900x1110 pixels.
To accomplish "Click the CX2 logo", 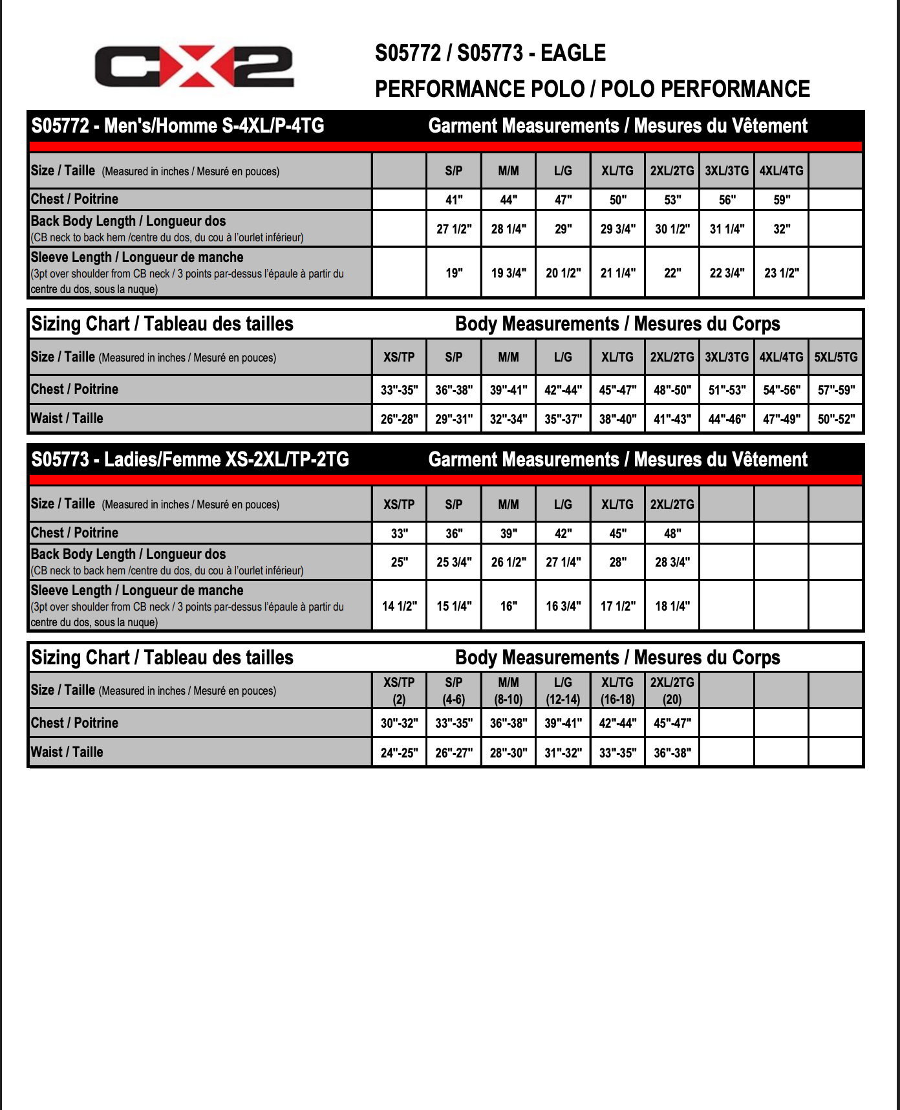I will coord(194,67).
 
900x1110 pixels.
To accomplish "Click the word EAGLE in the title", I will coord(573,53).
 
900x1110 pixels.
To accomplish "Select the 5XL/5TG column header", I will coord(835,357).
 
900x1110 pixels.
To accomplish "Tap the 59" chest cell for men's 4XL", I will coord(782,200).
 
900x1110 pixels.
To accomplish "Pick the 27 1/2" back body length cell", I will coord(454,229).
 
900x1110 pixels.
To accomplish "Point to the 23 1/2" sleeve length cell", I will coord(782,273).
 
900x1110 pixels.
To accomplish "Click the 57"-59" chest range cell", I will coord(835,390).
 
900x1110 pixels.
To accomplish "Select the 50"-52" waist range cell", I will coord(835,419).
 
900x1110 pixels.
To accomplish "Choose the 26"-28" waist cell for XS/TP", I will coord(399,419).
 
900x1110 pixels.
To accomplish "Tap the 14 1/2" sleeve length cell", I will coord(399,606).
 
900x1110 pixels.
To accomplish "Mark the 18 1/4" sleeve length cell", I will coord(672,606).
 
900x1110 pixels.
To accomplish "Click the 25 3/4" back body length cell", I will coord(454,562).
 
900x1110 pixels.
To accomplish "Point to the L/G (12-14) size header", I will coord(563,690).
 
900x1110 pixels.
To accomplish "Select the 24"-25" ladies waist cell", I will coord(399,753).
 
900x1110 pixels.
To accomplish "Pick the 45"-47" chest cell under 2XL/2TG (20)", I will coord(672,723).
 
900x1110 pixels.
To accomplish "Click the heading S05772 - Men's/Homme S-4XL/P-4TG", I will coord(178,125).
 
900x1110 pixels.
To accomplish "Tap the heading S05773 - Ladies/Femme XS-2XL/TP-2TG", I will coord(190,459).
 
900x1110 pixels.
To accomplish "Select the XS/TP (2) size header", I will coord(399,690).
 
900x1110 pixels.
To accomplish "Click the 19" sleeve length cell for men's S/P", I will coord(454,273).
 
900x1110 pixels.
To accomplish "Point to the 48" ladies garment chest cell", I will coord(672,534).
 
